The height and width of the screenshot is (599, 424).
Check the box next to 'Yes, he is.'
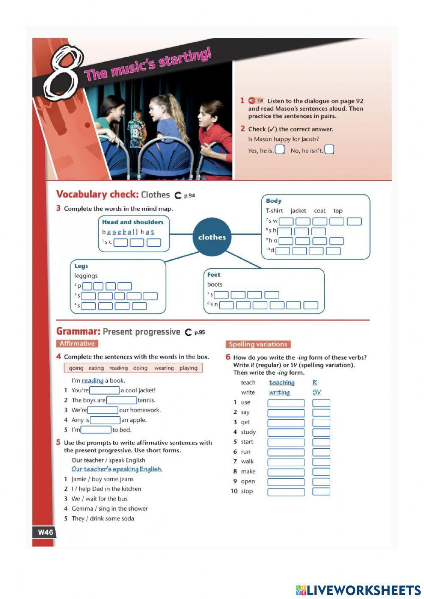tap(279, 150)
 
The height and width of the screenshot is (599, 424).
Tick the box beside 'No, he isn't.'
tap(329, 150)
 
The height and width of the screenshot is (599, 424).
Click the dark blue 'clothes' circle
tap(212, 237)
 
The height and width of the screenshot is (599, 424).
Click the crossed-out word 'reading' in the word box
tap(118, 368)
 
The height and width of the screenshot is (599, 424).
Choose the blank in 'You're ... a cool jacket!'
tap(104, 390)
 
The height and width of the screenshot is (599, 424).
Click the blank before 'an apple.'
tap(105, 420)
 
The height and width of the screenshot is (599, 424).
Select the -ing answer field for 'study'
tap(286, 432)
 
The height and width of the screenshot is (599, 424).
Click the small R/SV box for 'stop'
tap(321, 492)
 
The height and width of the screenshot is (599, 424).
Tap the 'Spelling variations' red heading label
tap(258, 344)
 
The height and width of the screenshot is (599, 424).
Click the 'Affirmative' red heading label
tap(77, 344)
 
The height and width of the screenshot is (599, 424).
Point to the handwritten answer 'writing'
tap(279, 393)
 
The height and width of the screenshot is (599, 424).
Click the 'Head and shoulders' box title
tap(133, 222)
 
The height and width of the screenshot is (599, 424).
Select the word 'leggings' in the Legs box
tap(86, 276)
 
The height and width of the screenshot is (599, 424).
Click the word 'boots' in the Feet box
tap(215, 284)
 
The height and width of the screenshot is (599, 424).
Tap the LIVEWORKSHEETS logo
tap(358, 590)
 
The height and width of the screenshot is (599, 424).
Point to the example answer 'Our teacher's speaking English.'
tap(117, 469)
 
